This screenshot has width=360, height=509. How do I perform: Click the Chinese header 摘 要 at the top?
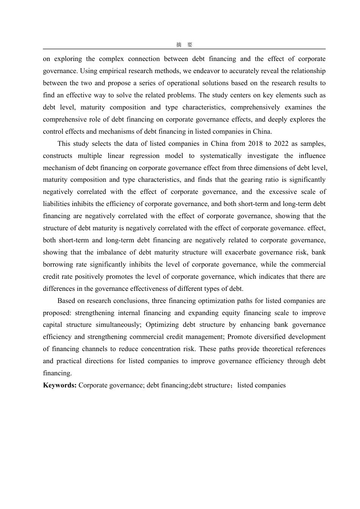184,45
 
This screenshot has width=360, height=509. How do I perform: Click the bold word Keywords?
59,386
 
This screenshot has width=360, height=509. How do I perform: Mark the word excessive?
283,192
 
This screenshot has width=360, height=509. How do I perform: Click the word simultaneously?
118,325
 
